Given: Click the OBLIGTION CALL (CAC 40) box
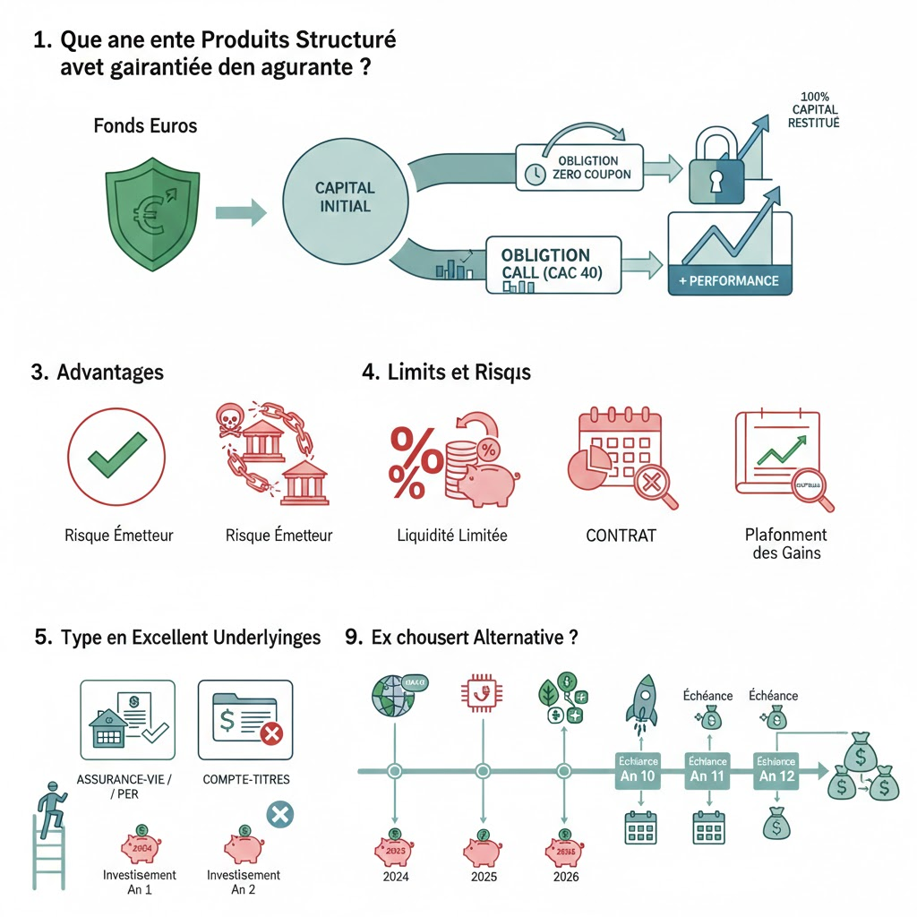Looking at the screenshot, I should (x=553, y=264).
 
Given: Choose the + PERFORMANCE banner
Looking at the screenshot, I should (x=729, y=280).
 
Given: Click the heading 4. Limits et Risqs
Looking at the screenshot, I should (x=446, y=373).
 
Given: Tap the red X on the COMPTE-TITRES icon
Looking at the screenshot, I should (x=270, y=734).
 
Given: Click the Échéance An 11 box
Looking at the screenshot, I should (x=707, y=767).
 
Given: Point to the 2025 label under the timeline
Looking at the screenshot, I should (x=484, y=877).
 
